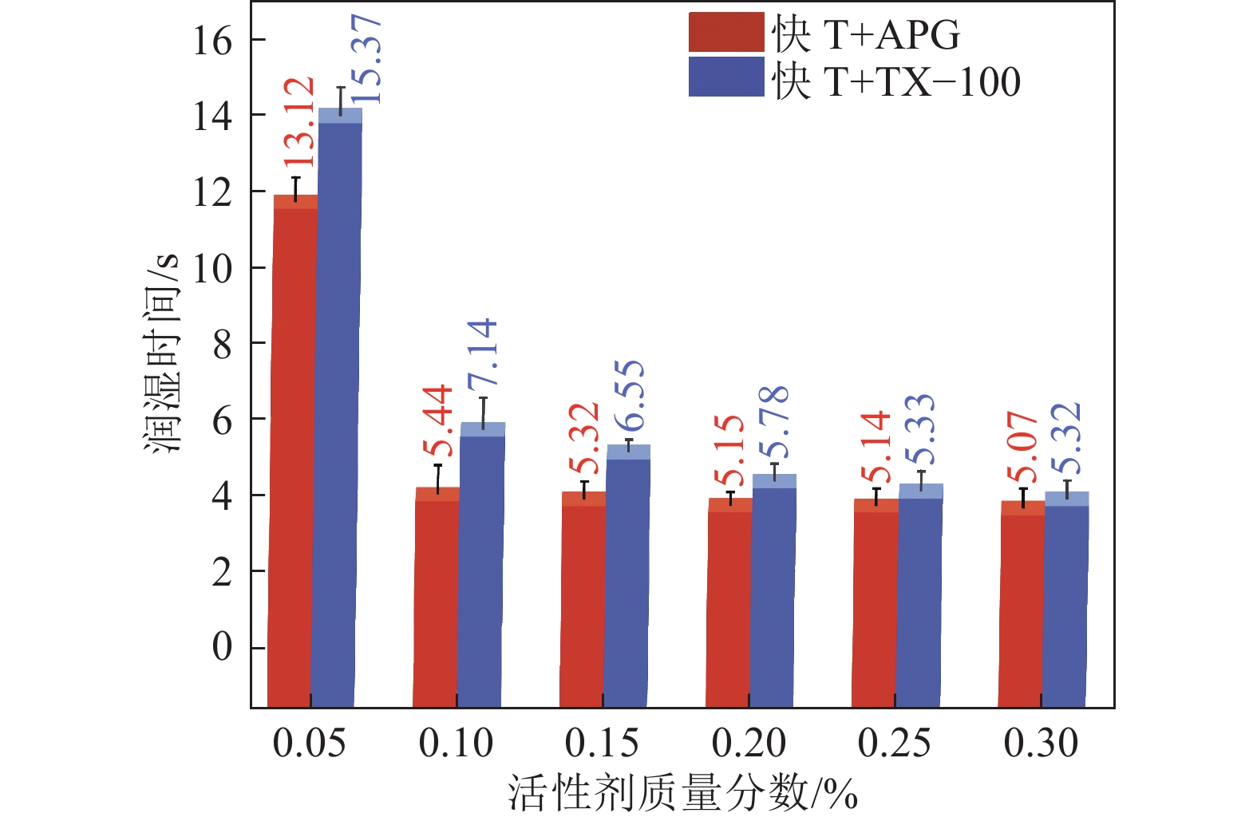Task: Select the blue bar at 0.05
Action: point(337,407)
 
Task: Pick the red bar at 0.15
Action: point(583,598)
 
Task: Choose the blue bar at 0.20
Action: point(773,590)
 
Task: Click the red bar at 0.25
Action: point(876,602)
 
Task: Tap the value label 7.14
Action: point(483,353)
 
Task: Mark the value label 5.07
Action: point(1022,448)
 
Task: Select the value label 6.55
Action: point(630,396)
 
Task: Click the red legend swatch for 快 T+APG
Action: point(725,33)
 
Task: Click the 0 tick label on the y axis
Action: point(222,647)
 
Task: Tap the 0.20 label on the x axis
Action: point(749,744)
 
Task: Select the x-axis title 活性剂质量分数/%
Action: point(682,795)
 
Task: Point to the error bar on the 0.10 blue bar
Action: point(483,410)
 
